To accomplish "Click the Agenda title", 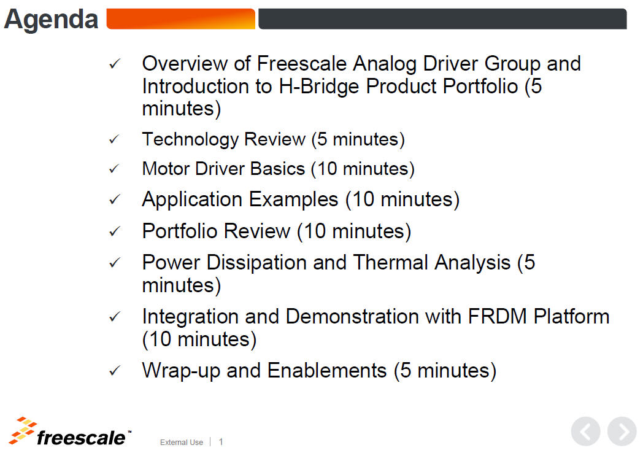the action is pos(52,20).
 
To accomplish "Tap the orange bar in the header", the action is pos(181,19).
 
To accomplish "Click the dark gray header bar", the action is pos(442,19).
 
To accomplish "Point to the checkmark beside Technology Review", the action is pos(114,140).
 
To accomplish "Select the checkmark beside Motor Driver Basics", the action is pos(114,169).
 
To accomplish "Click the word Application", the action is pos(192,200).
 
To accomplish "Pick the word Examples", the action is pos(294,199).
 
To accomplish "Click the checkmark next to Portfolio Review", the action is pos(114,232).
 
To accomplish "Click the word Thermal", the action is pos(391,263).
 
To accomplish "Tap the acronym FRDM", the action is pos(498,316).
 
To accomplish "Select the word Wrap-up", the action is pos(181,371).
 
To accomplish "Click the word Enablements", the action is pos(327,371).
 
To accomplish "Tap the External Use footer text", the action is pos(181,443).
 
